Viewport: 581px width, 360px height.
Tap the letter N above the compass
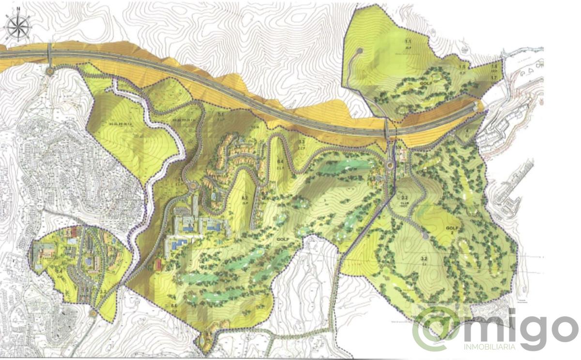coord(18,8)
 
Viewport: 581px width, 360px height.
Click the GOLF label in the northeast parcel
coord(426,83)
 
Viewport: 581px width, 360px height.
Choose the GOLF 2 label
coord(451,229)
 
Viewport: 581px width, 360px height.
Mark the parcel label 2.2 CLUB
coord(404,201)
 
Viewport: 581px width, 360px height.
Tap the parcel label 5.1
coord(221,114)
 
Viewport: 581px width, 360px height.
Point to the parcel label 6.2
coord(245,198)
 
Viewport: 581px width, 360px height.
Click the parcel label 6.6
coord(173,304)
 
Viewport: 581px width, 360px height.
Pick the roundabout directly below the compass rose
coord(50,71)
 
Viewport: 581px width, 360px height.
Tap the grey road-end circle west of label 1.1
coord(359,50)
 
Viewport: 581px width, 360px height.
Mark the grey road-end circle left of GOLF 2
coord(425,236)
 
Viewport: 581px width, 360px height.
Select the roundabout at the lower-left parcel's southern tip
coord(92,313)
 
